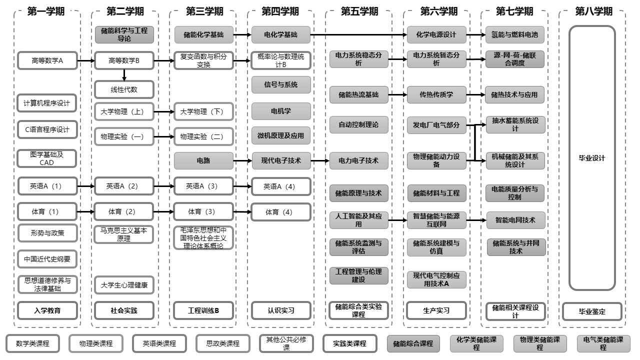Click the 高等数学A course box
[x=47, y=61]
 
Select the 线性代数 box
[x=124, y=89]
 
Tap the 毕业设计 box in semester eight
[x=592, y=158]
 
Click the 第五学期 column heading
[x=359, y=11]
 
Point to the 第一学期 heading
[x=46, y=11]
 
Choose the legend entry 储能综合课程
[x=413, y=343]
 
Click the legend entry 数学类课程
[x=32, y=343]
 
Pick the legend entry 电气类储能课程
[x=603, y=343]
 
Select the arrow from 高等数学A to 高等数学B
[x=85, y=61]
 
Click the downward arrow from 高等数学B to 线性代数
[x=124, y=74]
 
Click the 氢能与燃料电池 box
[x=514, y=34]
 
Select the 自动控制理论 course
[x=358, y=124]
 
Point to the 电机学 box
[x=281, y=111]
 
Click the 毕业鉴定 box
[x=592, y=311]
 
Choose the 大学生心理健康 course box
[x=124, y=285]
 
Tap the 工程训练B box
[x=203, y=310]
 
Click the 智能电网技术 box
[x=515, y=220]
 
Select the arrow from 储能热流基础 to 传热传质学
[x=397, y=94]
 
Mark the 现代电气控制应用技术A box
[x=436, y=279]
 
